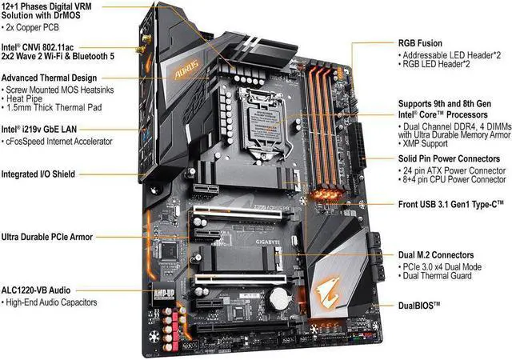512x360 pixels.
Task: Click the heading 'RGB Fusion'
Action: pyautogui.click(x=419, y=43)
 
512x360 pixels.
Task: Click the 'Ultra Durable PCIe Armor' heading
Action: pyautogui.click(x=47, y=236)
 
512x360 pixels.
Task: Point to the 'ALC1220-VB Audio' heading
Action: pyautogui.click(x=40, y=288)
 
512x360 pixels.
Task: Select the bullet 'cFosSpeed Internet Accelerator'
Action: pyautogui.click(x=61, y=141)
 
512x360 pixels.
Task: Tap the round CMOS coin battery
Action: pyautogui.click(x=276, y=298)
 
